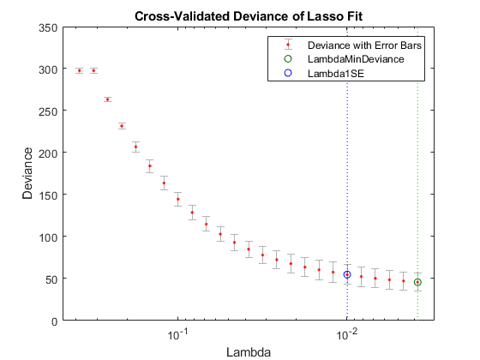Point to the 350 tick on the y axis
pos(50,27)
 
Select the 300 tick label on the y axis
pos(50,69)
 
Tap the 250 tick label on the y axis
pos(50,111)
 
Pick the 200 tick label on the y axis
pos(50,153)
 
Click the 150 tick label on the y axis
pos(50,195)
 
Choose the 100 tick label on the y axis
pos(50,237)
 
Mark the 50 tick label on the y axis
pos(52,279)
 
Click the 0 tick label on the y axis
pos(55,321)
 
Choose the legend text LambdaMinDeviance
pos(356,59)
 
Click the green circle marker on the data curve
pos(417,282)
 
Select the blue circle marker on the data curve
pos(347,274)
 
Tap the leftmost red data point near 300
pos(80,70)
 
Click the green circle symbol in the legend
pos(288,59)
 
